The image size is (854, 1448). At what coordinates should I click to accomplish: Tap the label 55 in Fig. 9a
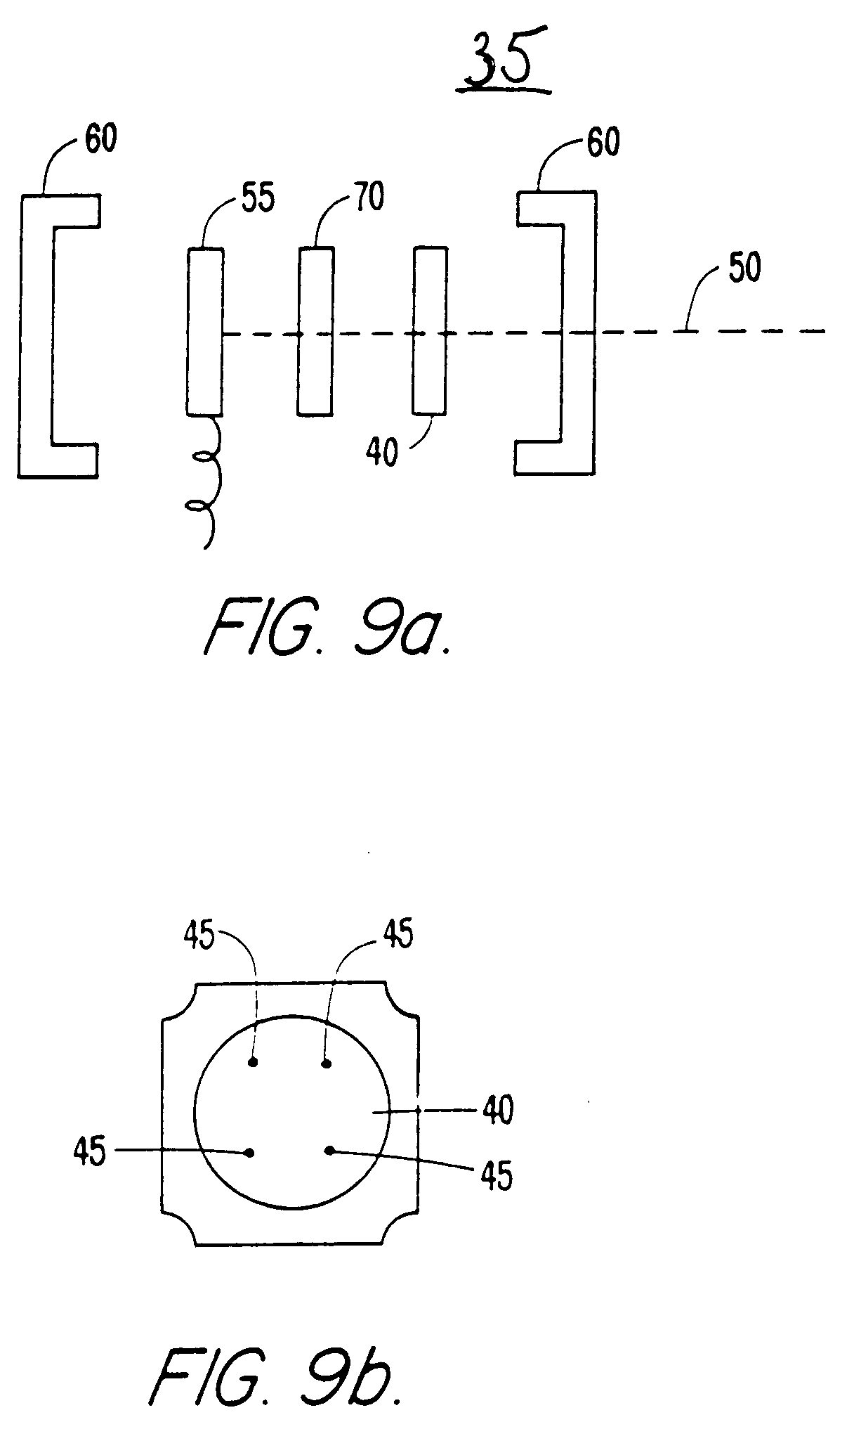click(258, 200)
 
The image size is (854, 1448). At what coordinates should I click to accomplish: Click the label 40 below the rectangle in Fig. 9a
click(381, 452)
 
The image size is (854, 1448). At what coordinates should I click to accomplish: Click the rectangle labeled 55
click(205, 331)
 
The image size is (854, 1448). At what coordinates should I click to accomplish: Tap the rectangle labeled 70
click(315, 331)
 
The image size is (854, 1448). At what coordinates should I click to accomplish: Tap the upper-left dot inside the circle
click(254, 1062)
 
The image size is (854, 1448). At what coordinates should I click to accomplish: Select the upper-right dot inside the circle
click(327, 1063)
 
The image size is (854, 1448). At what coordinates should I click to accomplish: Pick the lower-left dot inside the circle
click(250, 1153)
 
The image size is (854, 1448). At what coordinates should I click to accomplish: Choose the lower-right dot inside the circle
click(329, 1150)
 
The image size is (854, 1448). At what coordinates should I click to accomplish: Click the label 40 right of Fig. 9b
click(497, 1110)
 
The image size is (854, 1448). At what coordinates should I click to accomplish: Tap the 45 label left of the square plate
click(89, 1153)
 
